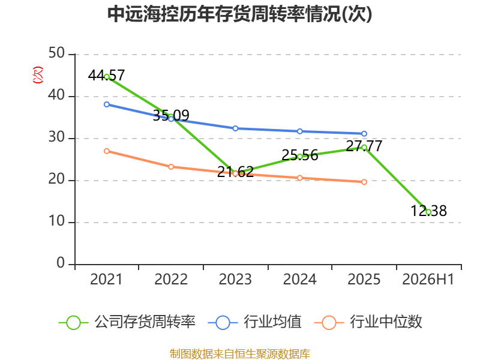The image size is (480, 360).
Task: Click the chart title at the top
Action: (x=239, y=14)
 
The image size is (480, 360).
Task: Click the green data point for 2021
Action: (x=107, y=77)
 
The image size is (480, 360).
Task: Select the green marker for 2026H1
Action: (x=428, y=212)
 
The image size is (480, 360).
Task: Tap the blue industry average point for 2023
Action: (x=235, y=128)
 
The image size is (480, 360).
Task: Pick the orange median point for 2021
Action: (x=107, y=151)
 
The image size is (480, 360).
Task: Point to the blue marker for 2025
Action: (x=364, y=133)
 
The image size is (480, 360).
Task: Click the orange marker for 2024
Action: (x=299, y=178)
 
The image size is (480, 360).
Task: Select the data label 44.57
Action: (x=106, y=75)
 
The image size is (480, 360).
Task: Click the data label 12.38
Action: (x=428, y=211)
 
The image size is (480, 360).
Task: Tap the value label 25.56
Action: (x=299, y=155)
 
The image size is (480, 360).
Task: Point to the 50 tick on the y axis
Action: (x=56, y=53)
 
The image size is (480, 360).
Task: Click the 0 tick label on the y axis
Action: (x=61, y=263)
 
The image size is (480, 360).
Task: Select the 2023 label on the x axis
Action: (x=235, y=279)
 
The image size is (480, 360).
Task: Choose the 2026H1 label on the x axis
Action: (x=428, y=279)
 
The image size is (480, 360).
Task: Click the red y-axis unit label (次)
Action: (x=38, y=75)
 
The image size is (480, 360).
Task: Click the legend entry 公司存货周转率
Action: (x=127, y=322)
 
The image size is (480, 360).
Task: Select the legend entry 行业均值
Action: (x=254, y=322)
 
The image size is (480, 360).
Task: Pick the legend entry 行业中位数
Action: (x=368, y=322)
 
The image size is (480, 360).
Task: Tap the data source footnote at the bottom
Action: (x=240, y=354)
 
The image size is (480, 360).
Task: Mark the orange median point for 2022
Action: (x=171, y=167)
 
